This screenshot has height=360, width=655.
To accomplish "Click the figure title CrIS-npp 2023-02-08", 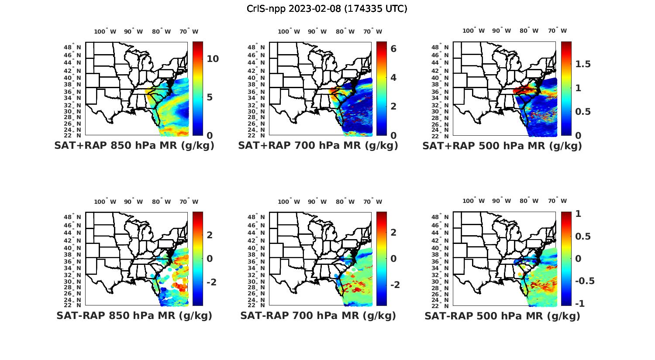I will coord(327,9).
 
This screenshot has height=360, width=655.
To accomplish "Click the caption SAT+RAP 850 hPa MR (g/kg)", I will coord(134,146).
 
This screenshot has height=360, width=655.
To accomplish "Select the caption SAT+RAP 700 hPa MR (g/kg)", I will coord(318,146).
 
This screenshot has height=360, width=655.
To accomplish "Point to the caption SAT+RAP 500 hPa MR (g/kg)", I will coord(502,146).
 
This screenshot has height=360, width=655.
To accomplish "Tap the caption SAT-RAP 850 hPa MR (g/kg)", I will coord(134,315).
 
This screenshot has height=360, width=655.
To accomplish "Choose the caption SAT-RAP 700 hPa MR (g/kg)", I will coord(318,315).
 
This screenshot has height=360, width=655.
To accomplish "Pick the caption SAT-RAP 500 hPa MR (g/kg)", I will coord(502,315).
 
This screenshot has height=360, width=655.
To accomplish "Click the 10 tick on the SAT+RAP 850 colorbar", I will coord(213,59).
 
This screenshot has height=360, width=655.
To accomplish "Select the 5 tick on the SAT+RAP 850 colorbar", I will coord(210,97).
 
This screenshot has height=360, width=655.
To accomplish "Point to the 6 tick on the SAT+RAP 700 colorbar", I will coord(393,48).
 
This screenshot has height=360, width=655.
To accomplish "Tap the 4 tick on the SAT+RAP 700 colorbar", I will coord(393,78).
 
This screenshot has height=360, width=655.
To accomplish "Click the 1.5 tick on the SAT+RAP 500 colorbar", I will coord(583,64).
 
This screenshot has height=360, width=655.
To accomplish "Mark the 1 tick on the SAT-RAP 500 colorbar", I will coord(578,214).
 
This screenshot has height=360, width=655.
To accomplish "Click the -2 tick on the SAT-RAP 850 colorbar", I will coord(211,282).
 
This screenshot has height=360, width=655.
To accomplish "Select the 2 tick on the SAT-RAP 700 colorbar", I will coord(393,232).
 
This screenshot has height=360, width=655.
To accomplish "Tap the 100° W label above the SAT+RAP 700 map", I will coord(289,31).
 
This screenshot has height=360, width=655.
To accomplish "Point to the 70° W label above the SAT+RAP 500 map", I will coord(557,31).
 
